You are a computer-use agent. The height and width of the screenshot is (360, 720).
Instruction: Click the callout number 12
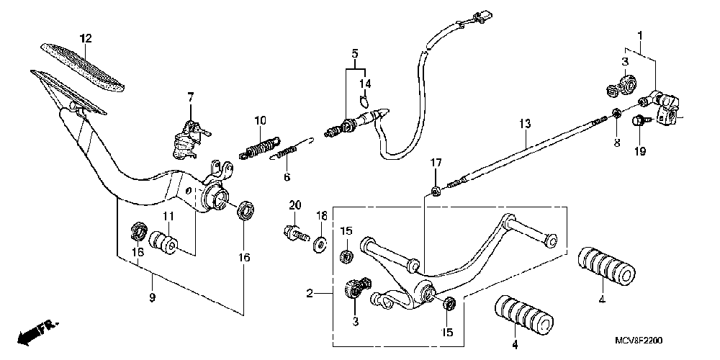[85, 37]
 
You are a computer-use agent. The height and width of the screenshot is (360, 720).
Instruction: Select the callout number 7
[191, 96]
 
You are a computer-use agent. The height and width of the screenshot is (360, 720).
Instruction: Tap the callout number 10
[260, 120]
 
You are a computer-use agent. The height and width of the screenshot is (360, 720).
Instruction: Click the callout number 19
[640, 151]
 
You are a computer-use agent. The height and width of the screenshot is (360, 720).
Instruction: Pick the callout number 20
[293, 205]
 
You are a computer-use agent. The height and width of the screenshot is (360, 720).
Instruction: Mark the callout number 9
[153, 297]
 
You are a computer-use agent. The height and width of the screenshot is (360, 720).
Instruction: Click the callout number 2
[309, 293]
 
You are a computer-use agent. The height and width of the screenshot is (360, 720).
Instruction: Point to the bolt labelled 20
[294, 233]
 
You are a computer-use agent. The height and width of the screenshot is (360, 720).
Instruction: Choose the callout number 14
[364, 84]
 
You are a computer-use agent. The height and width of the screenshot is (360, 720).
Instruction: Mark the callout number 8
[616, 143]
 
